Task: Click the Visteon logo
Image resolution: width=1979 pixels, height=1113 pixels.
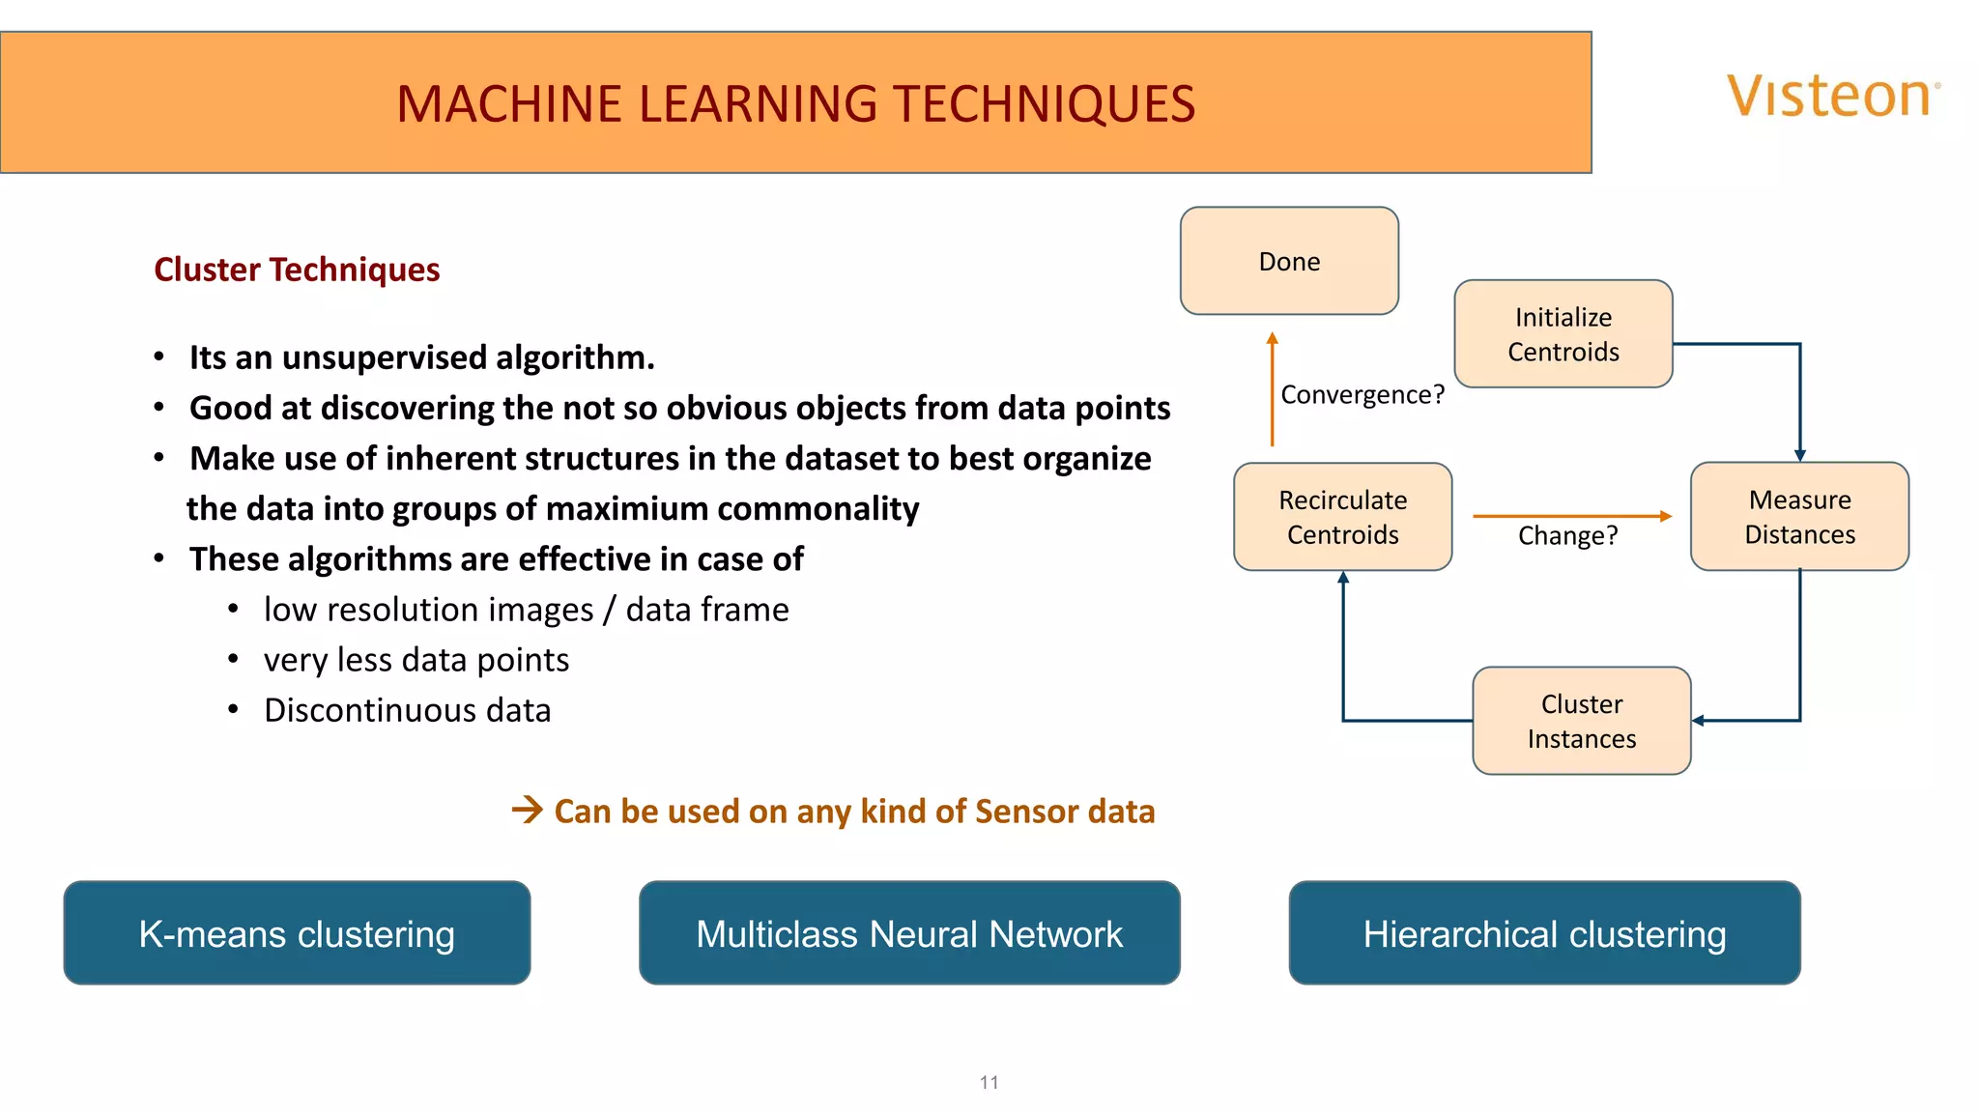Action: coord(1832,97)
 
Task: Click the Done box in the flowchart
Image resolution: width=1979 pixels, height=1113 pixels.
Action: coord(1289,261)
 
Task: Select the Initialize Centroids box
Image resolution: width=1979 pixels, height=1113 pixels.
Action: coord(1563,334)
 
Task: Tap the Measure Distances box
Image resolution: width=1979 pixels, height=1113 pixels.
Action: coord(1799,517)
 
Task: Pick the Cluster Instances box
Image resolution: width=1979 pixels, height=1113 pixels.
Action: coord(1581,721)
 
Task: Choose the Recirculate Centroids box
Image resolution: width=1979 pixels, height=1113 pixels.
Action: coord(1342,517)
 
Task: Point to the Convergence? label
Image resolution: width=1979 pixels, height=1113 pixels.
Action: coord(1362,394)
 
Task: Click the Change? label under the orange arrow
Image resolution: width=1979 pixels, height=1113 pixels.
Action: coord(1566,535)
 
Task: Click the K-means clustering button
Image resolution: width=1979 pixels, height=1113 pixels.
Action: coord(297,933)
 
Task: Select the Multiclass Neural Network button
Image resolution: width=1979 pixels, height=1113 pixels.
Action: coord(909,933)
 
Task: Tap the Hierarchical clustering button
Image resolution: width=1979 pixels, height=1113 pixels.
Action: coord(1544,933)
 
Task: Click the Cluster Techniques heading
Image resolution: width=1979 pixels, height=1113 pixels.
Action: coord(297,270)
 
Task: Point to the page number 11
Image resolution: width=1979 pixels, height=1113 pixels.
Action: coord(989,1082)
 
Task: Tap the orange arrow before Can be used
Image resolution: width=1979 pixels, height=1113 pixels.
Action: coord(528,810)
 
